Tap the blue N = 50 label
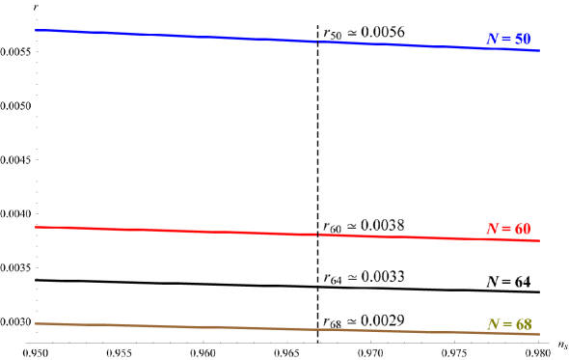[508, 39]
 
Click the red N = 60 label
[508, 229]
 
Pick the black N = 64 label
[508, 281]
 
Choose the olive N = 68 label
[508, 323]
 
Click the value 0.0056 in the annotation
[383, 32]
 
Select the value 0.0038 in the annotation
[383, 225]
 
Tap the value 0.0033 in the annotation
[383, 276]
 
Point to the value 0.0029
[383, 319]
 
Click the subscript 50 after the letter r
[336, 36]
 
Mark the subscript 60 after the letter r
[336, 229]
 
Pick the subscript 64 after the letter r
[336, 280]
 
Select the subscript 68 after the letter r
[336, 323]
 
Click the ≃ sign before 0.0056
[352, 32]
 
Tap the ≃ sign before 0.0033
[352, 277]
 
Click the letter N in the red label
[492, 229]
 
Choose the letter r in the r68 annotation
[327, 320]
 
